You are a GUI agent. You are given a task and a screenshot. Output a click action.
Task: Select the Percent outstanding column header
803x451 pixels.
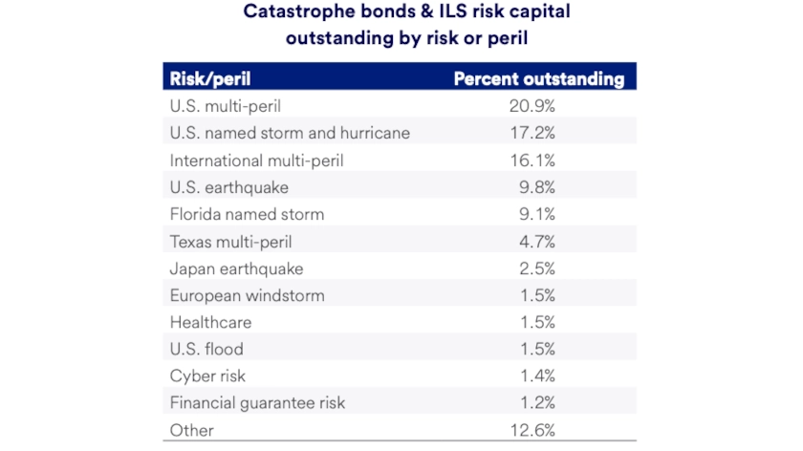(x=538, y=78)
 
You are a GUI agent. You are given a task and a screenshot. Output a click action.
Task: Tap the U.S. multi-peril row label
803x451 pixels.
(x=223, y=105)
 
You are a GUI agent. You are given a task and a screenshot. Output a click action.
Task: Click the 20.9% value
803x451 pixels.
(x=532, y=105)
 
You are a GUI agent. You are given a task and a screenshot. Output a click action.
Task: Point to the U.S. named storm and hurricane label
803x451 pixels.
(x=290, y=133)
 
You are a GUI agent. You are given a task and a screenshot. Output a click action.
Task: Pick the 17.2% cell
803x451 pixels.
(x=532, y=133)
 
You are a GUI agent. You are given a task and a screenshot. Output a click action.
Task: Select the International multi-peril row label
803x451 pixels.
(x=256, y=160)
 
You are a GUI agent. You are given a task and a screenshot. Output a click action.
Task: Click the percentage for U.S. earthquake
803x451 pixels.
(x=535, y=187)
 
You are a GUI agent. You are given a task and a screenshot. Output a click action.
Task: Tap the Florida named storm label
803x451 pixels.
(x=247, y=214)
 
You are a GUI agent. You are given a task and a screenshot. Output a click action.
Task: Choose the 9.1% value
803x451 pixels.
(x=535, y=214)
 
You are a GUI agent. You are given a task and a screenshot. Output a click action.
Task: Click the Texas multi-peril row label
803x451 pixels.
(x=232, y=242)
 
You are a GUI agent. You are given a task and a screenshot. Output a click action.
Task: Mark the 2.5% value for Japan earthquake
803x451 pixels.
(x=535, y=268)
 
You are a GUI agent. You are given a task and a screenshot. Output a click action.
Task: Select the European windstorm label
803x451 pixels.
(x=247, y=295)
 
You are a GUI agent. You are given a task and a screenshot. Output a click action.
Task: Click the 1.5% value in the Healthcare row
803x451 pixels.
(x=535, y=322)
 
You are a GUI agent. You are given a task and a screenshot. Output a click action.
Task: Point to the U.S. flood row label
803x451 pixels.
(x=206, y=349)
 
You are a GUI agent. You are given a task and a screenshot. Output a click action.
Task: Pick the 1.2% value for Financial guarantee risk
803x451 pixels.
(x=535, y=402)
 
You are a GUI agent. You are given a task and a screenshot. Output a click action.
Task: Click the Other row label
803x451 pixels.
(x=190, y=429)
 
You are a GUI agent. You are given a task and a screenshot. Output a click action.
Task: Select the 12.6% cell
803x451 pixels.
(x=532, y=429)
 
